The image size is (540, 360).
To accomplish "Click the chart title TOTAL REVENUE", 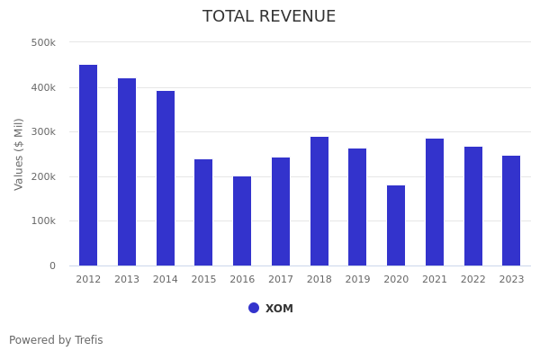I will [269, 17].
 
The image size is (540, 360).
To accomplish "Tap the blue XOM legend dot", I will [254, 308].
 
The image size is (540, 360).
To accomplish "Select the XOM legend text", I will [279, 309].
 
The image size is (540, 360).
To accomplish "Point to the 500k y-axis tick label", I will [43, 42].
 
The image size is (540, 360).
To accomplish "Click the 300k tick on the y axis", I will [43, 131].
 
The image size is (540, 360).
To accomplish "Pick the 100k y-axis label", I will [43, 220].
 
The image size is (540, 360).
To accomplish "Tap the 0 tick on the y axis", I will [52, 265].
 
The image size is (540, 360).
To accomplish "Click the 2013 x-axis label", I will [127, 280].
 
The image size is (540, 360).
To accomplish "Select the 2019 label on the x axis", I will [357, 280].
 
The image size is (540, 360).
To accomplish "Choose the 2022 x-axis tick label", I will [473, 280].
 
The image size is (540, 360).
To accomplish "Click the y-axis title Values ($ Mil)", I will [19, 154].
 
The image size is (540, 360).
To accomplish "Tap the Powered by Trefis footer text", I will [56, 340].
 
